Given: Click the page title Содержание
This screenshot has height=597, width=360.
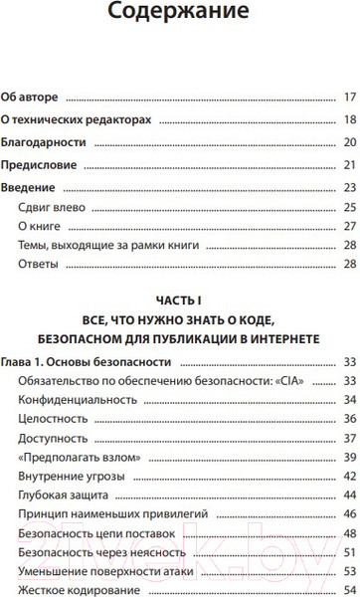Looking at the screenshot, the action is click(x=179, y=15).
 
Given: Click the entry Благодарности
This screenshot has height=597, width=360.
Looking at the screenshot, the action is click(x=42, y=143).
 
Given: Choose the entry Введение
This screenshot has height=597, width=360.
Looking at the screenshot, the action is click(x=31, y=188).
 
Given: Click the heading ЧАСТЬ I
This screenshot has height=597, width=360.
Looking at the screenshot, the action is click(x=179, y=299).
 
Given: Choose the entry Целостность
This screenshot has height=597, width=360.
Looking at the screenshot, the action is click(x=52, y=420).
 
